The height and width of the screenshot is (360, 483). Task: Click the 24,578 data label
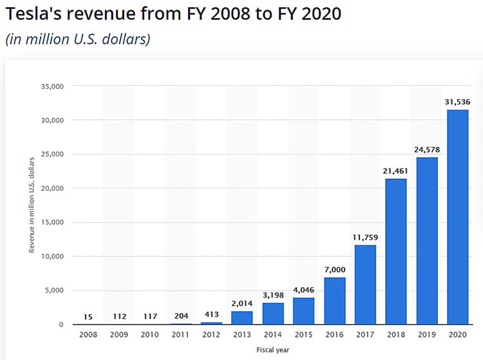[425, 149]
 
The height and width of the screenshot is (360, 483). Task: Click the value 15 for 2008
[88, 316]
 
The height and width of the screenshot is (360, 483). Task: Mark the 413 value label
[211, 316]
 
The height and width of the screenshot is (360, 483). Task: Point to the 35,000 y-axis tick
[52, 86]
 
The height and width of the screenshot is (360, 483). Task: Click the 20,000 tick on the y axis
[52, 188]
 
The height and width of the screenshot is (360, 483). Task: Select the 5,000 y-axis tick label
[54, 290]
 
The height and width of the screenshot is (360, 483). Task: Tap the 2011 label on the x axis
[180, 336]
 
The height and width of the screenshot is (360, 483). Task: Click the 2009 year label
[118, 336]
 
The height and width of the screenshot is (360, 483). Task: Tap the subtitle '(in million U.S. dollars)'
[78, 39]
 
